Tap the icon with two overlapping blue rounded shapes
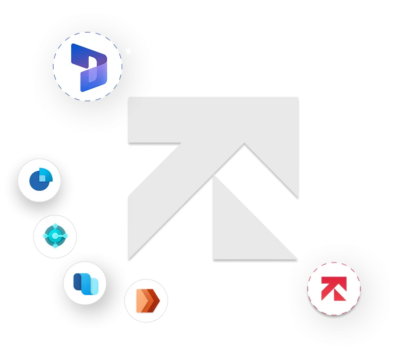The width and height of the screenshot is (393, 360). tap(84, 283)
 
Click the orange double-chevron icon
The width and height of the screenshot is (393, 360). tap(146, 300)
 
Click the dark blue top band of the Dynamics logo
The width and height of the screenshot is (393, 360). tap(85, 52)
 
